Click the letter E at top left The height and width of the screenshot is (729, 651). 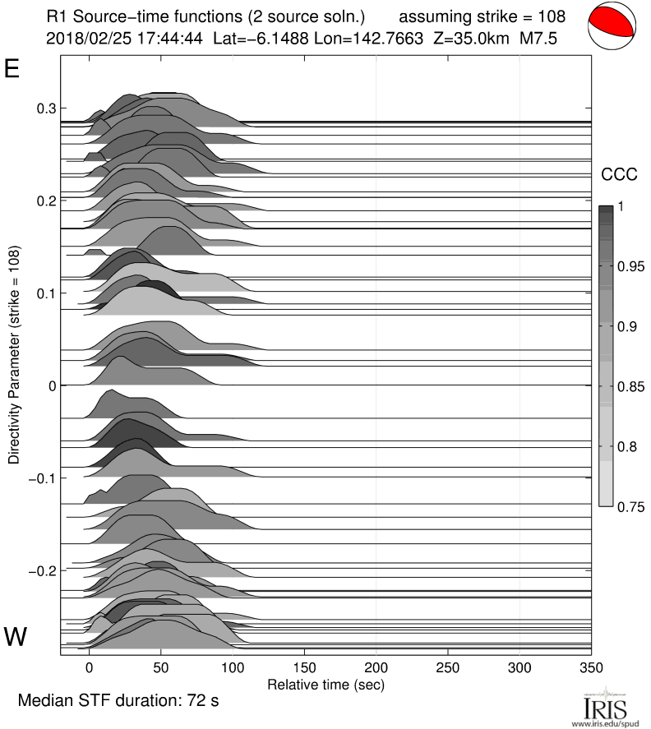click(12, 69)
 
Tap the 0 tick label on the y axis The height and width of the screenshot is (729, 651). click(52, 385)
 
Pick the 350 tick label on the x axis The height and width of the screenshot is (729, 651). click(591, 668)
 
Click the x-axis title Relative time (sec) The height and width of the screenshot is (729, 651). click(325, 684)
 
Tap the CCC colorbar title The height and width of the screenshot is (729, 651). click(619, 173)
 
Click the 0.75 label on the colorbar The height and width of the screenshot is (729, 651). click(630, 506)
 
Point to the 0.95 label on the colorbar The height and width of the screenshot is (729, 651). click(630, 266)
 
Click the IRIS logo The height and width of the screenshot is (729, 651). click(604, 708)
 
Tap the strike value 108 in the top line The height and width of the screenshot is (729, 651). click(554, 16)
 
